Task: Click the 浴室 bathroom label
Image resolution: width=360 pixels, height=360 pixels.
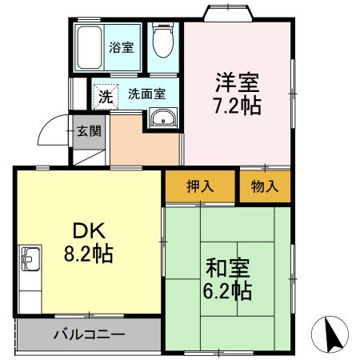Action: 122,46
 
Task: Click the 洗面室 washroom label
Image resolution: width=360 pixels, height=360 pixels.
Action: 146,94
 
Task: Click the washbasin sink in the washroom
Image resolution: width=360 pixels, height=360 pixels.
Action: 163,121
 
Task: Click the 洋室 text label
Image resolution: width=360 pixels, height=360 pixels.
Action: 237,82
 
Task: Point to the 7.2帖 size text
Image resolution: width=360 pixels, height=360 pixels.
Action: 237,106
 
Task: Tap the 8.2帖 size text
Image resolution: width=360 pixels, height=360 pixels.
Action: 88,255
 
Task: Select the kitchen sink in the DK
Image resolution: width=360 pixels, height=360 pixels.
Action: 30,260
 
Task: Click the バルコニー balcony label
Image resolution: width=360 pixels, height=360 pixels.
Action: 89,334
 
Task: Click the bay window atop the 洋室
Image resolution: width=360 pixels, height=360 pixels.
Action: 228,13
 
